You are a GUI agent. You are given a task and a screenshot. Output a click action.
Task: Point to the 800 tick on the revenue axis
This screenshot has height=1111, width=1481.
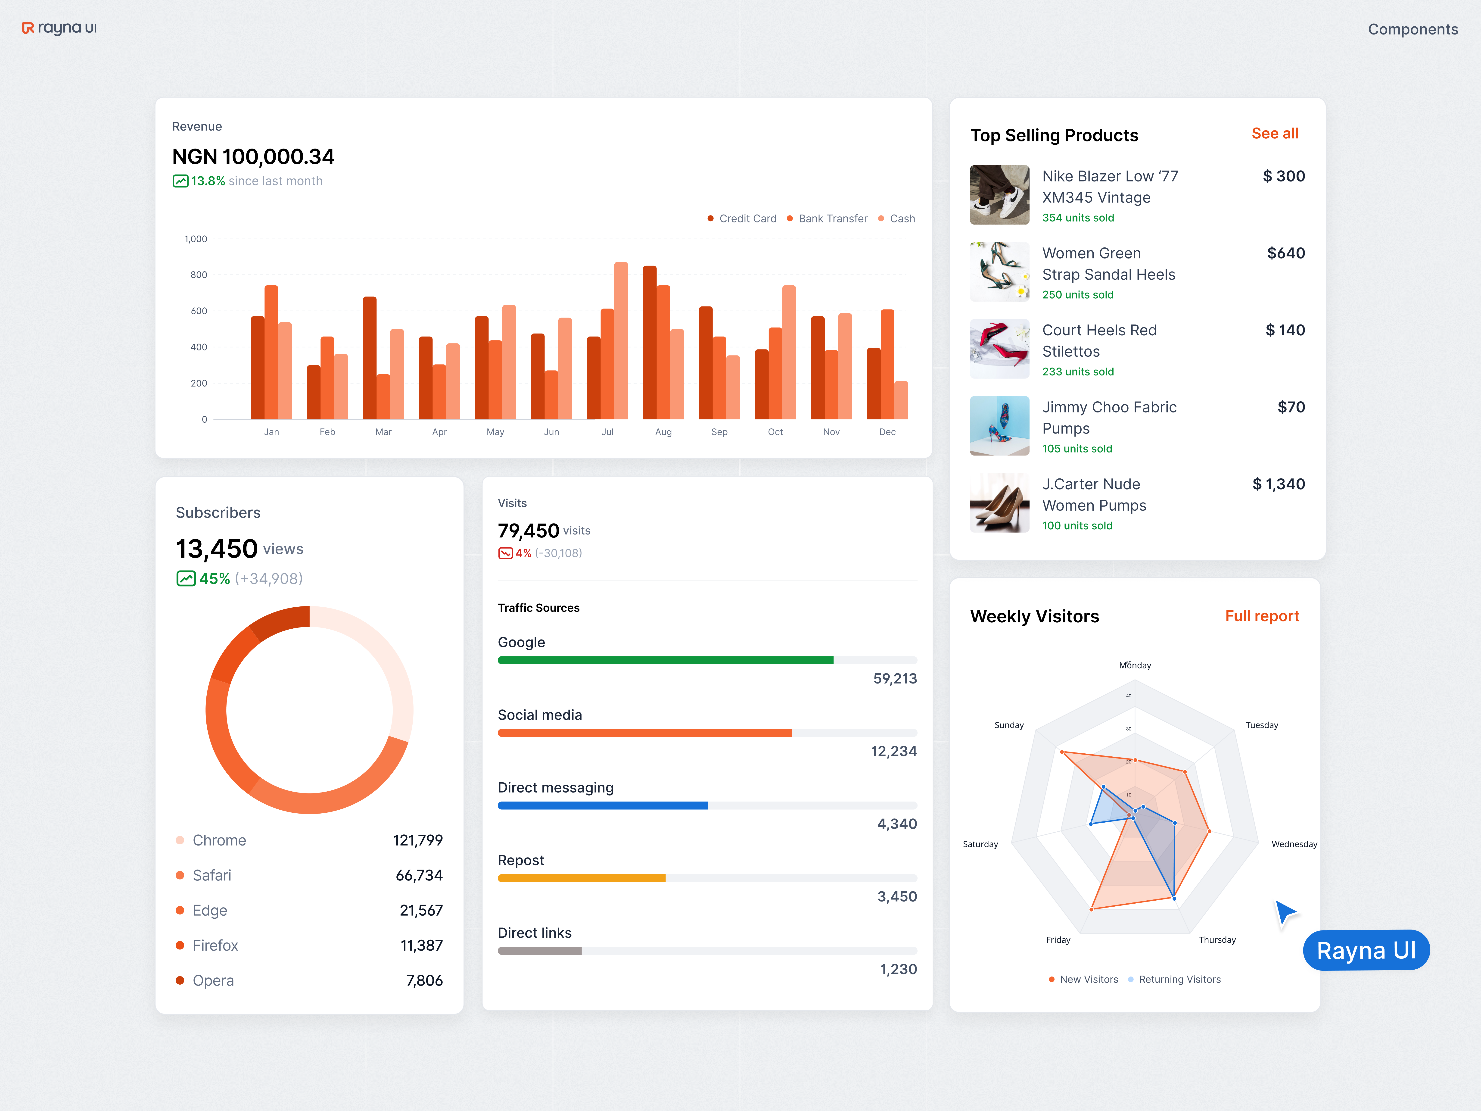[x=199, y=275]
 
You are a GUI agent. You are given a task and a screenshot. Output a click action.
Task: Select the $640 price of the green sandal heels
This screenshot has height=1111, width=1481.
[x=1285, y=253]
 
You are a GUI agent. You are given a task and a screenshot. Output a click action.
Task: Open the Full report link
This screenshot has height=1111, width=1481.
[x=1261, y=616]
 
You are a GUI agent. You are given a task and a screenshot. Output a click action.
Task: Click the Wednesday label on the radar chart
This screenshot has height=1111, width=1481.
[x=1294, y=844]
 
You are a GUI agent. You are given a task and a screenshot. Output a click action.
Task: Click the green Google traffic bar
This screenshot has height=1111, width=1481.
[x=666, y=660]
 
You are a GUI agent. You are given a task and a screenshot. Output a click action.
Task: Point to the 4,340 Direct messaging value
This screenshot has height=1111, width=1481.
[x=896, y=824]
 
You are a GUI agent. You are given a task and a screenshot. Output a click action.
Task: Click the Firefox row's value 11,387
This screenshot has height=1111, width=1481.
[x=421, y=946]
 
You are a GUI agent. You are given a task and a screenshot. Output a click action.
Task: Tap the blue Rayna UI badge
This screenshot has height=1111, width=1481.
[x=1366, y=950]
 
